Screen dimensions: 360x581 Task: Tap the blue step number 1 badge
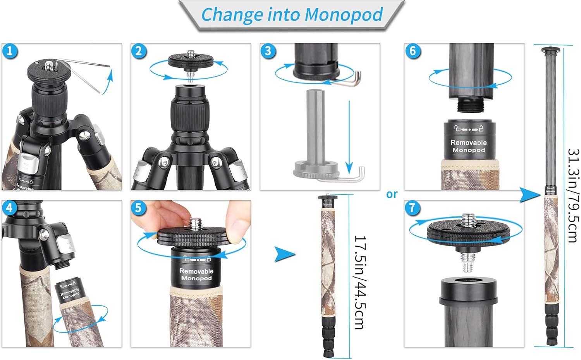click(x=10, y=51)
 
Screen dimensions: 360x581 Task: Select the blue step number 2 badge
click(x=139, y=51)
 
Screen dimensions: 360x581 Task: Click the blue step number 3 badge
click(x=268, y=51)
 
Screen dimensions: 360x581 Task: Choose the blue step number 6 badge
click(x=413, y=51)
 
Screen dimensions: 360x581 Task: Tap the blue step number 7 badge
click(x=413, y=208)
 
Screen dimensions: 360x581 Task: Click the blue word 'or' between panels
click(x=392, y=194)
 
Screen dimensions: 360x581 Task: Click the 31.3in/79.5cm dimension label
click(x=572, y=195)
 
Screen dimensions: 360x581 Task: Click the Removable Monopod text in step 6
click(x=469, y=146)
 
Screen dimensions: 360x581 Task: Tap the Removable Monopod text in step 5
click(x=196, y=274)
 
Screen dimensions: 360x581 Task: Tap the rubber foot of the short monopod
click(x=329, y=353)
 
